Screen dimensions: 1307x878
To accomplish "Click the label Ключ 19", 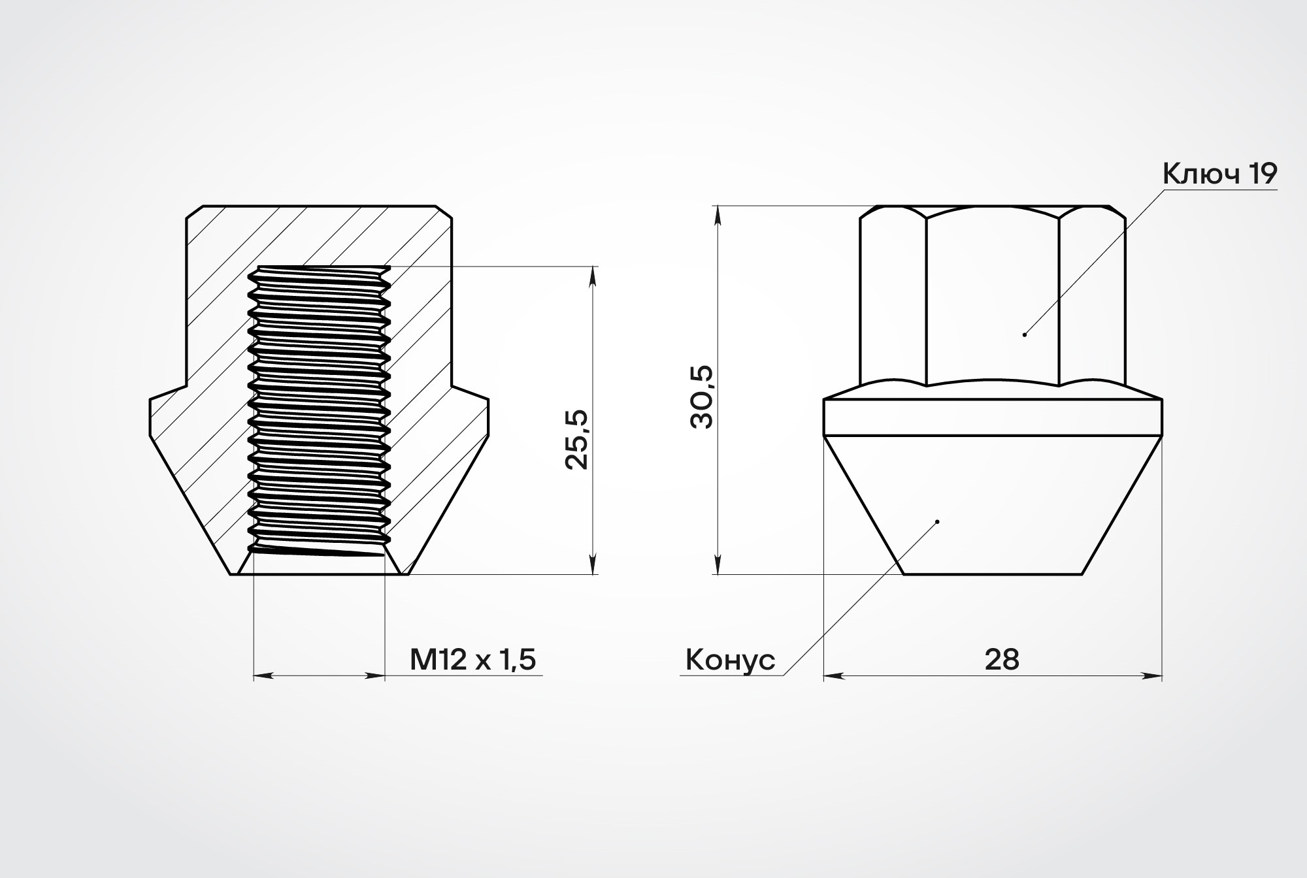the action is (x=1219, y=174).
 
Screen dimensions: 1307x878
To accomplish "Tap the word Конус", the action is (x=730, y=660).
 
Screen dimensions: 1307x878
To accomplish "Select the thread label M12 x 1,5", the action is (x=472, y=659).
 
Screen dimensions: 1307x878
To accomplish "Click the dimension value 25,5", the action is (x=576, y=440).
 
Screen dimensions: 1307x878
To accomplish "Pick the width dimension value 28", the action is (x=1002, y=660).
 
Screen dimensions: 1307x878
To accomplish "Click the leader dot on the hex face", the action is (x=1025, y=334).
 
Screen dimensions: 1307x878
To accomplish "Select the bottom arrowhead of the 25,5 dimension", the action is (x=593, y=564).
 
